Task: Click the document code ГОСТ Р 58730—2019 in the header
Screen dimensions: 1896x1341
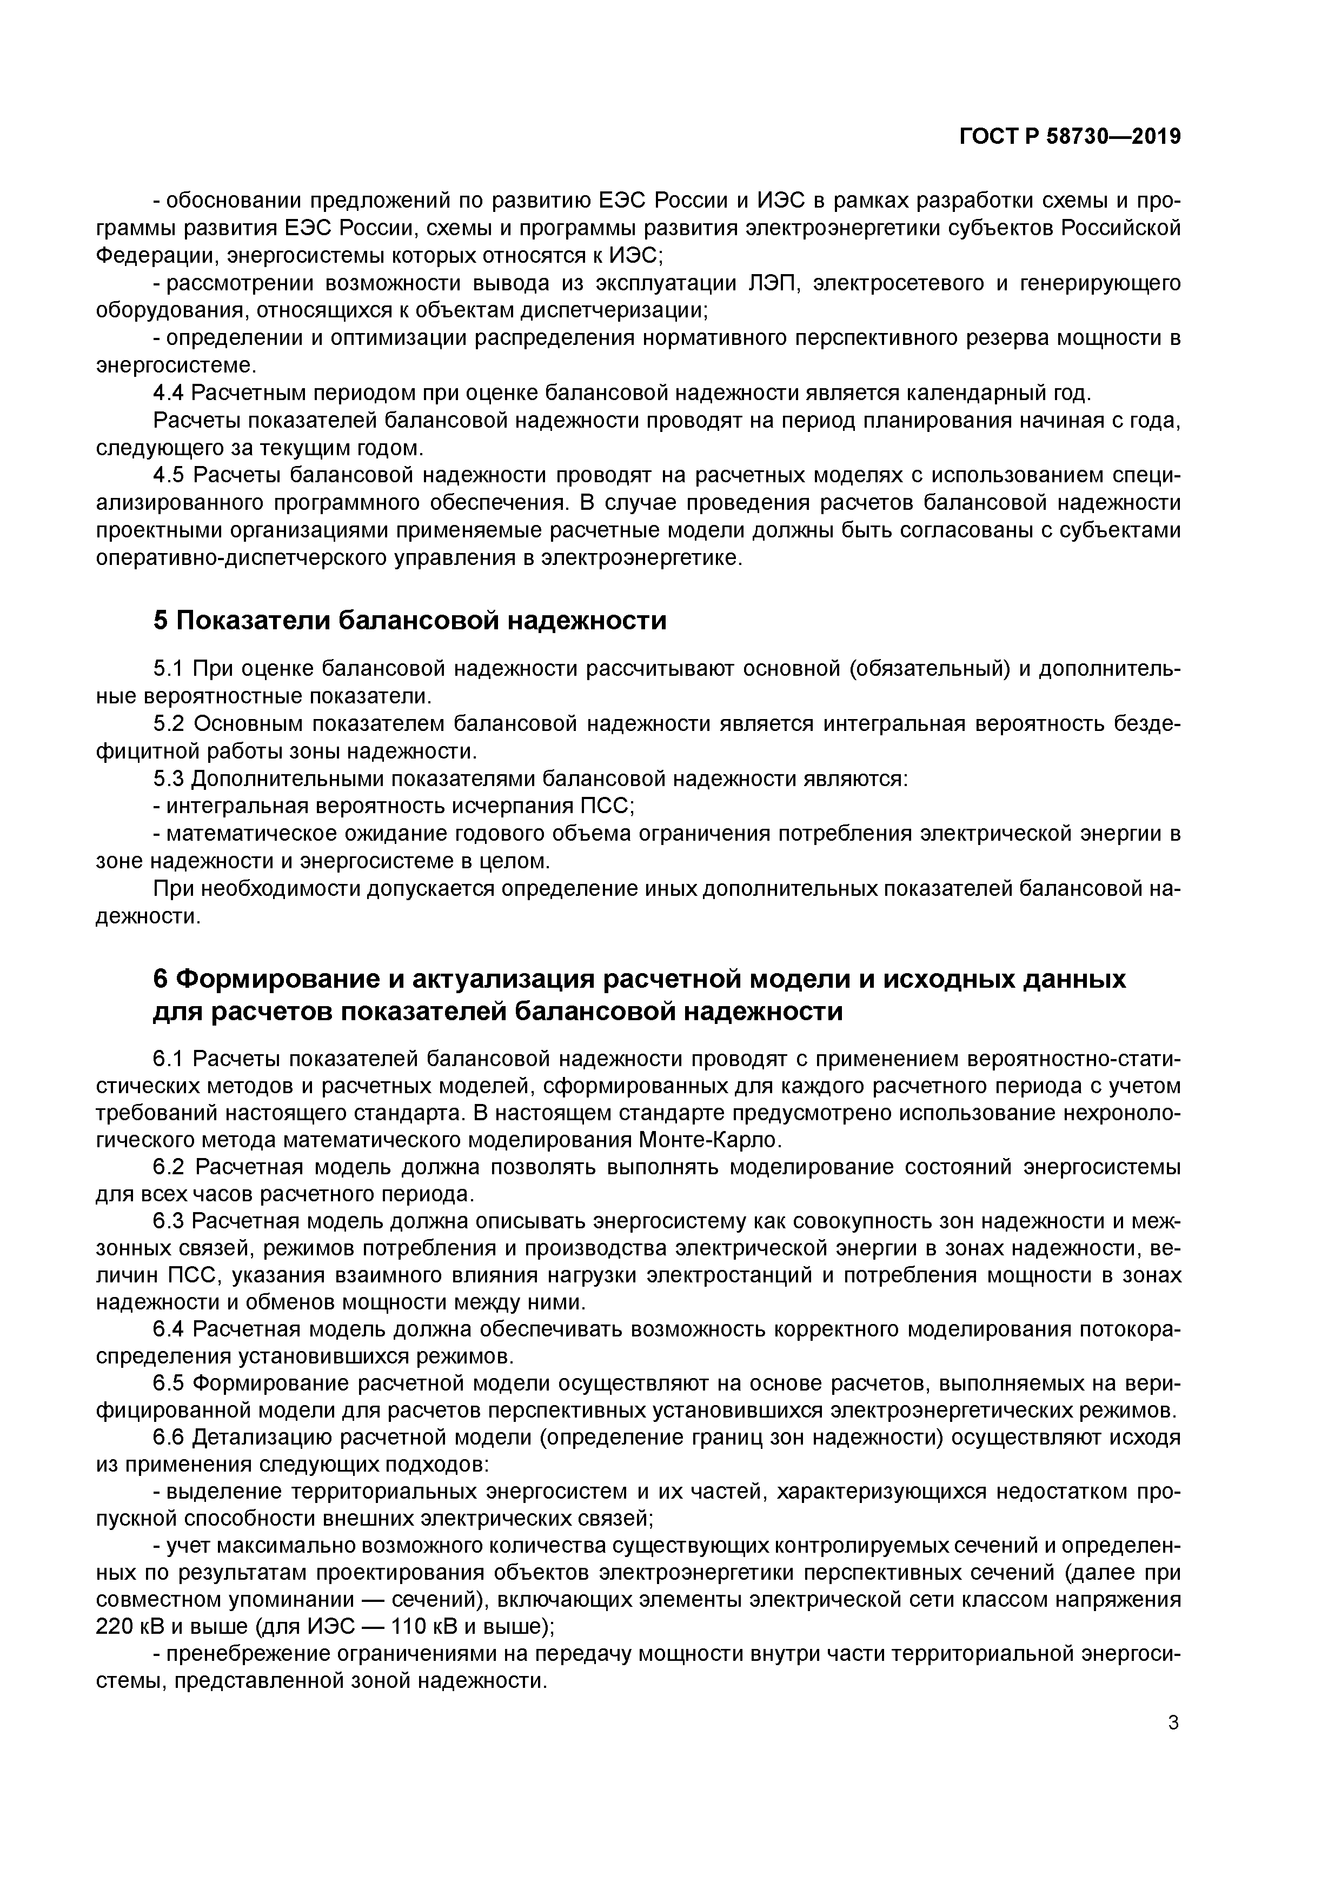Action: click(x=1070, y=137)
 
